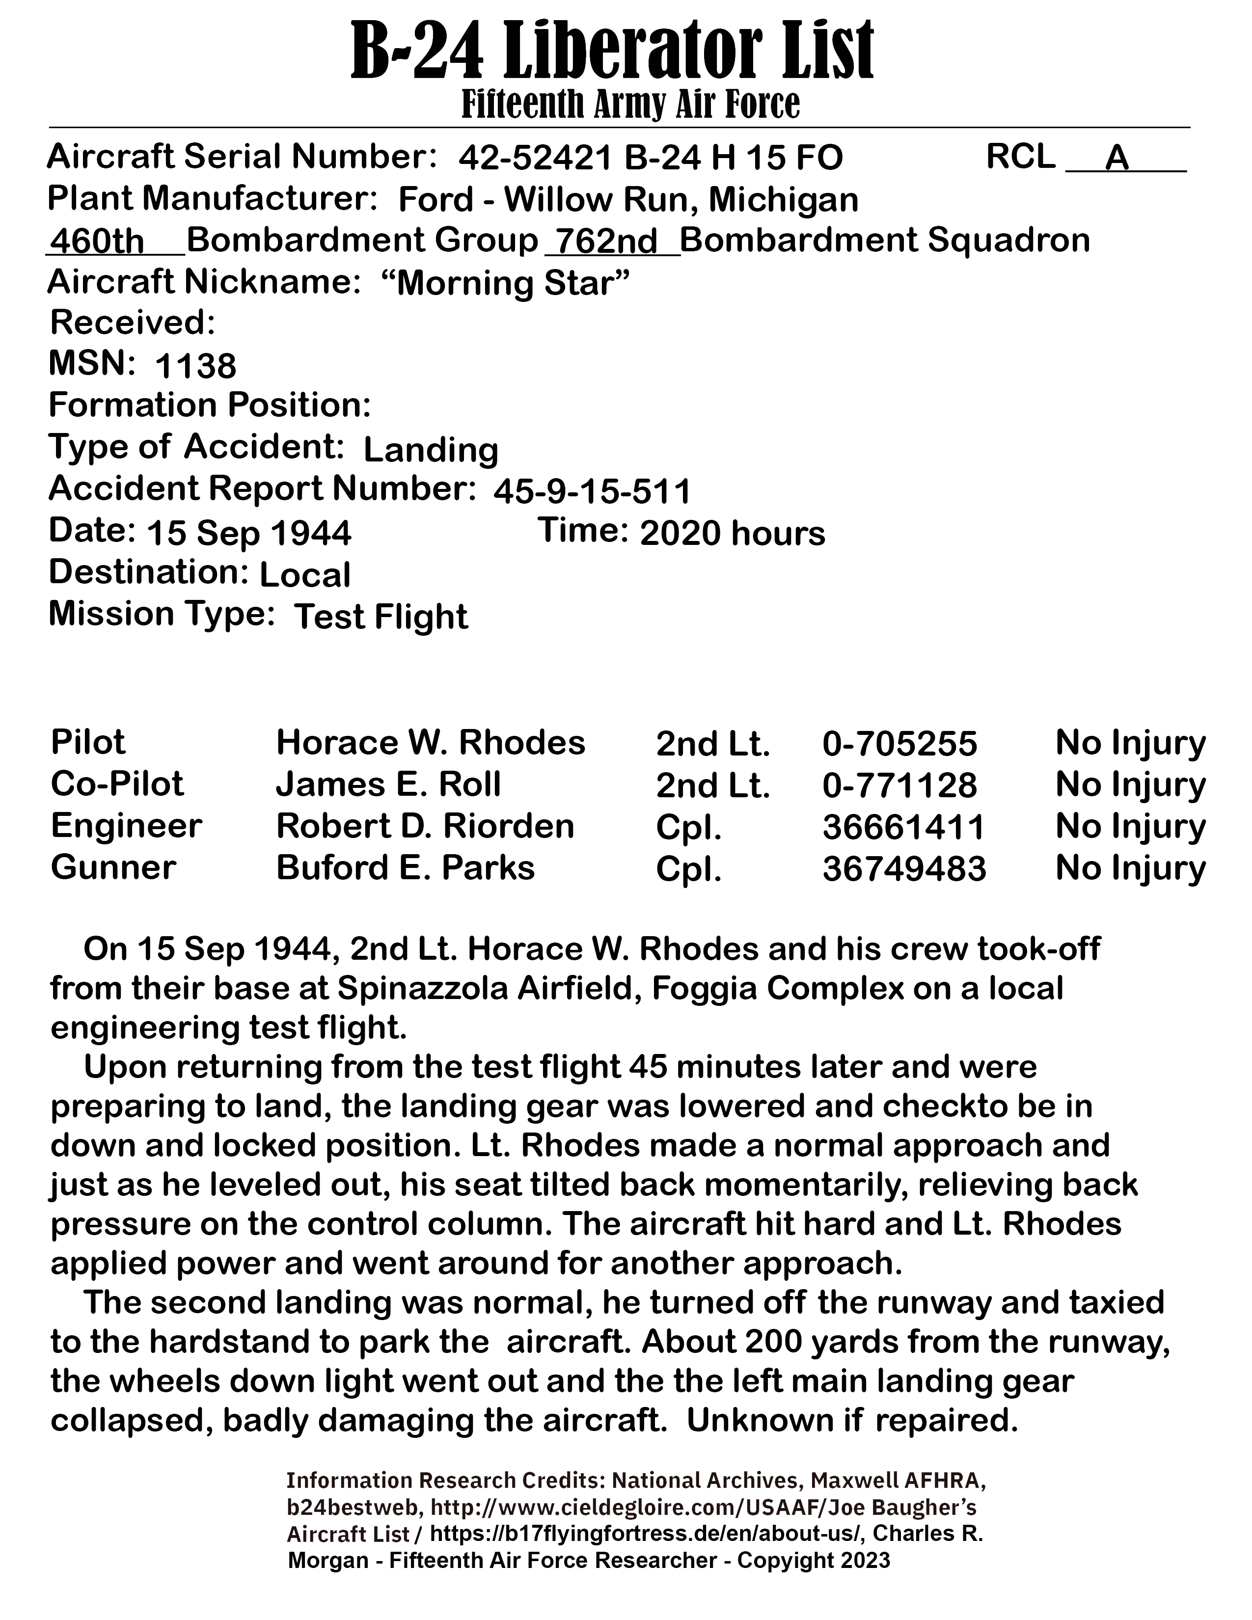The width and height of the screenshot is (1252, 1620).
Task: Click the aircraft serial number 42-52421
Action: [x=536, y=158]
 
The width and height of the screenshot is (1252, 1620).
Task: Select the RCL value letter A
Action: [x=1117, y=158]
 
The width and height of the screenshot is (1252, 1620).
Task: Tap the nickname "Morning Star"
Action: [x=506, y=284]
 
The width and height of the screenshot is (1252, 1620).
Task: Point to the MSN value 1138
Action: [x=196, y=366]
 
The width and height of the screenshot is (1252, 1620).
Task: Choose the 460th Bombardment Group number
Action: [x=96, y=242]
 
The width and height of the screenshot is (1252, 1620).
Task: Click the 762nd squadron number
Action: [x=607, y=242]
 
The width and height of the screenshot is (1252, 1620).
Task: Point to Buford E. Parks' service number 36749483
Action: [x=904, y=868]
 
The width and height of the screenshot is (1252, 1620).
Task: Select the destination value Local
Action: [x=305, y=575]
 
